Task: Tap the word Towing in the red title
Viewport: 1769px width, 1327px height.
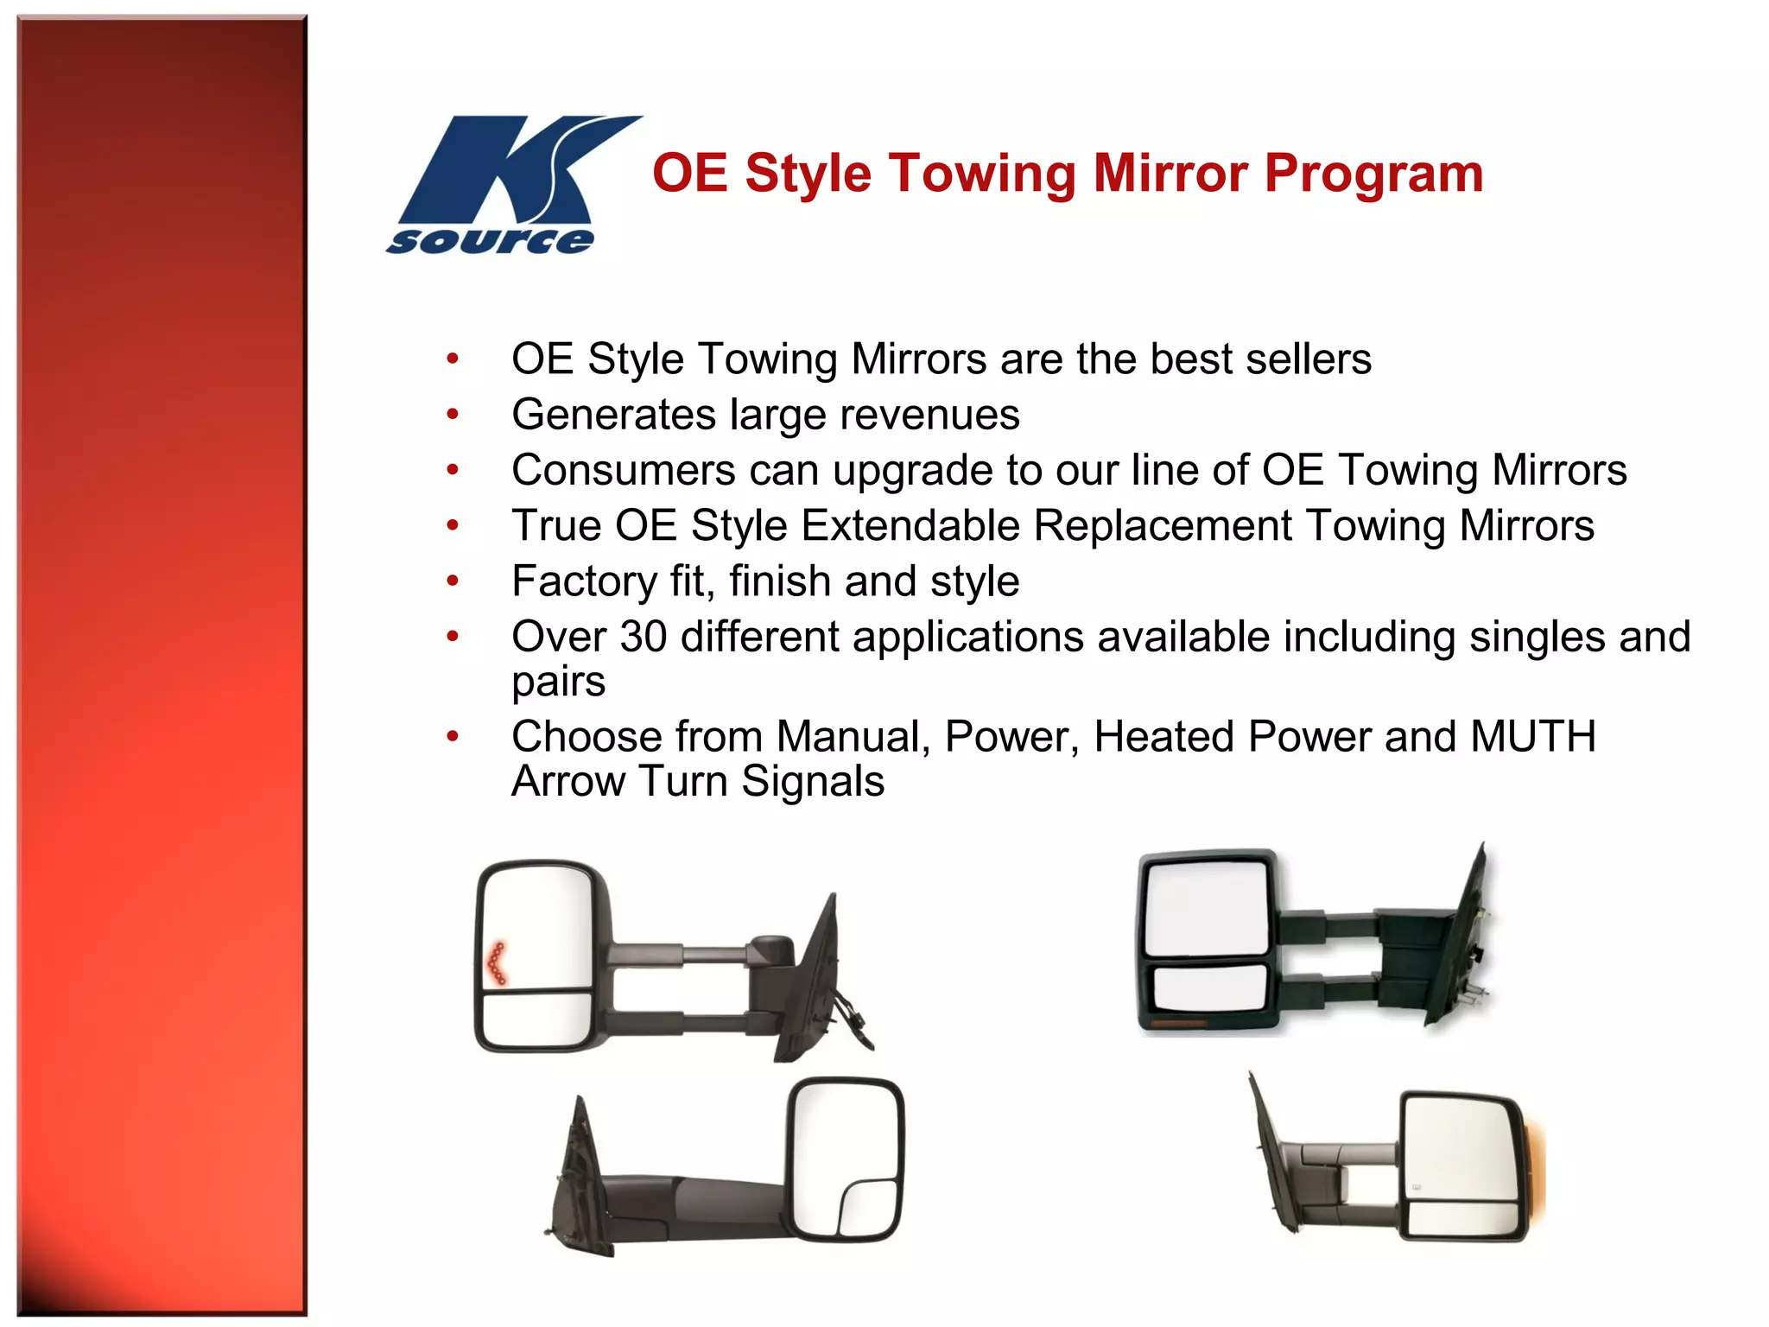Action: [983, 174]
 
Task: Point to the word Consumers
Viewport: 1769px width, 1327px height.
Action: [623, 471]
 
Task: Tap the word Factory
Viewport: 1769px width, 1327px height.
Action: [584, 581]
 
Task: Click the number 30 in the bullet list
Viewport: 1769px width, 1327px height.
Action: [643, 637]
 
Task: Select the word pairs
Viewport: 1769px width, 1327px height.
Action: [558, 683]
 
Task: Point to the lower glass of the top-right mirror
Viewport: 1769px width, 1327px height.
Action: [1209, 987]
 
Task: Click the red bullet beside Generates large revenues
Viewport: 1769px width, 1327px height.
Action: [452, 415]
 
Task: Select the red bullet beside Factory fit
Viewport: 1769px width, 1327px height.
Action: [452, 581]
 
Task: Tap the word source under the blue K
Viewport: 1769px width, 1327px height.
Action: [491, 241]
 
